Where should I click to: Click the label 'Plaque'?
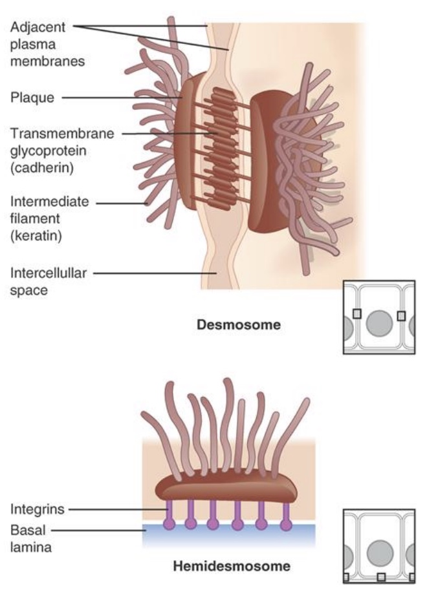point(32,98)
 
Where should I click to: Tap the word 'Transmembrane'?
point(61,134)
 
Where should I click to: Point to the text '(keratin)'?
point(36,236)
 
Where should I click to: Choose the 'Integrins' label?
point(37,509)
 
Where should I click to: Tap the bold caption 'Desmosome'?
point(239,325)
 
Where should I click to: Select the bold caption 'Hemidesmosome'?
point(232,567)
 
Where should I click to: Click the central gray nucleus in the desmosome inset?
point(378,323)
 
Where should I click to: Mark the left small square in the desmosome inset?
point(356,314)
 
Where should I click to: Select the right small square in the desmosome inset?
point(401,315)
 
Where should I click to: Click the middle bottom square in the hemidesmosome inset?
point(381,576)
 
